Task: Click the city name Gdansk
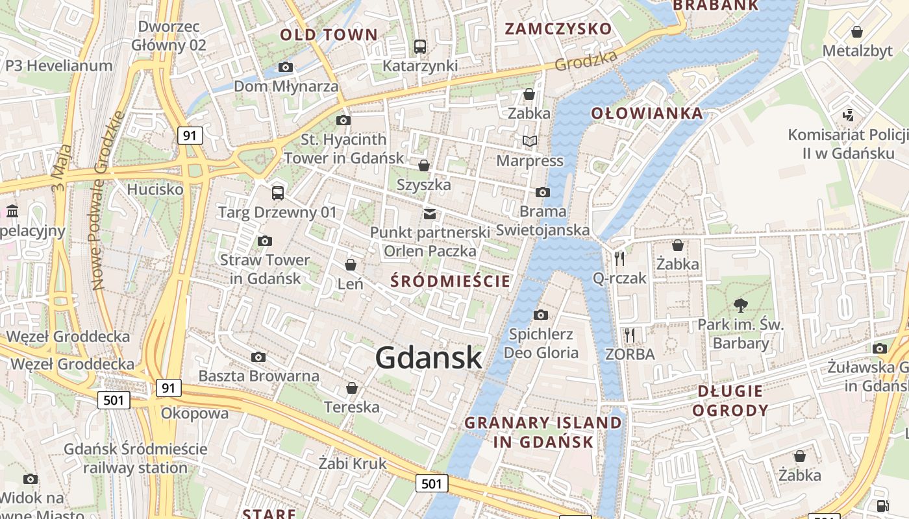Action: pyautogui.click(x=429, y=357)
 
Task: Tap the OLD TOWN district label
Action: pyautogui.click(x=328, y=35)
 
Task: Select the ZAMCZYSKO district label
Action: pyautogui.click(x=558, y=29)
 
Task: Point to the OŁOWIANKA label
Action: pyautogui.click(x=647, y=114)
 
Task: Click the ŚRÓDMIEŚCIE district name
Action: pyautogui.click(x=451, y=281)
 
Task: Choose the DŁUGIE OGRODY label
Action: pyautogui.click(x=730, y=400)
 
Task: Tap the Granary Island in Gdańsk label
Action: pyautogui.click(x=543, y=432)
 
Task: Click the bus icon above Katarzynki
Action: pyautogui.click(x=420, y=47)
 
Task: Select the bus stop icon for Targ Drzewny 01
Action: pyautogui.click(x=278, y=193)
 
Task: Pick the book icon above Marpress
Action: pyautogui.click(x=530, y=141)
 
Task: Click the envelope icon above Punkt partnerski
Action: pyautogui.click(x=429, y=213)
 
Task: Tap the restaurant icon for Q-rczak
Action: pyautogui.click(x=619, y=259)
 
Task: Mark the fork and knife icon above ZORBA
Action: pyautogui.click(x=629, y=335)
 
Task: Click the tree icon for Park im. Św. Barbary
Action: pyautogui.click(x=740, y=305)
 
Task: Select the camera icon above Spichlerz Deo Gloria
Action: pyautogui.click(x=540, y=315)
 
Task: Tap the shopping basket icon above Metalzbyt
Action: pyautogui.click(x=857, y=32)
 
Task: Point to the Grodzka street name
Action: pyautogui.click(x=586, y=61)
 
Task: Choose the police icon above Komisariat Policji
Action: pyautogui.click(x=847, y=115)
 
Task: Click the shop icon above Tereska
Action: pyautogui.click(x=351, y=388)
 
